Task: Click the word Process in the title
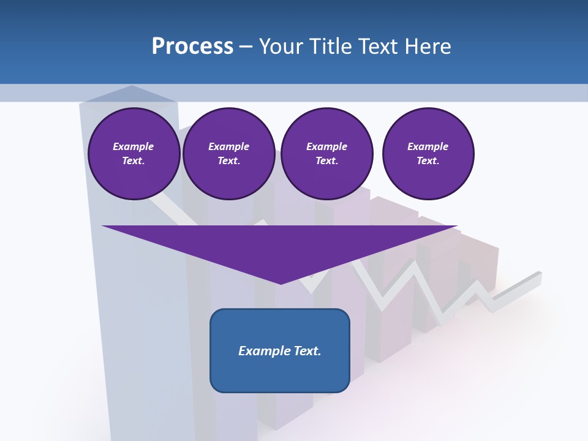(192, 47)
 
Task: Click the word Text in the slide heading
(379, 47)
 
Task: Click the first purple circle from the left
(134, 154)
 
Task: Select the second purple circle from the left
(228, 154)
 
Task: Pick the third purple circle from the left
(326, 154)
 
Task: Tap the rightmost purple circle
(428, 154)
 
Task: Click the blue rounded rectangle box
(280, 350)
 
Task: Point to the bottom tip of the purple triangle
(281, 284)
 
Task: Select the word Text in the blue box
(307, 351)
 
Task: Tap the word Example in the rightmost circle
(428, 146)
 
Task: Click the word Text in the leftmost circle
(134, 161)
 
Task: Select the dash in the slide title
(246, 47)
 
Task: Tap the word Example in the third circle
(326, 146)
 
